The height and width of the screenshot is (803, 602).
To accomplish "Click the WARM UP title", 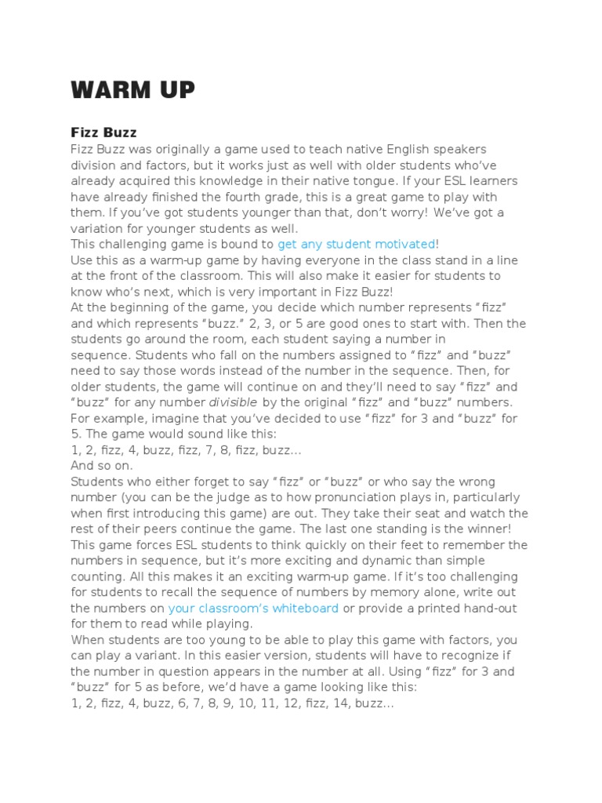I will (132, 91).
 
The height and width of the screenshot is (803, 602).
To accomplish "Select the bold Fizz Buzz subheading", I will (104, 133).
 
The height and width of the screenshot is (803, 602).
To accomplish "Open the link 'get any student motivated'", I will (357, 244).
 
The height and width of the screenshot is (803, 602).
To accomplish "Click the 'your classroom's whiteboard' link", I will (253, 608).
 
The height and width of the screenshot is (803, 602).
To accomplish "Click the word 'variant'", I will (179, 656).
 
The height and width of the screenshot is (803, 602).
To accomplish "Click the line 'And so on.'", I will (102, 465).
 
